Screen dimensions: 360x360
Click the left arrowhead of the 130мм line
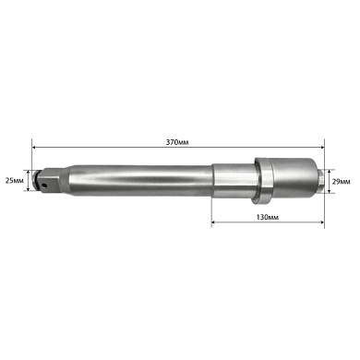click(x=215, y=222)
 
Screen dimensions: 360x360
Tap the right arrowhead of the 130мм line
click(x=323, y=222)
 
